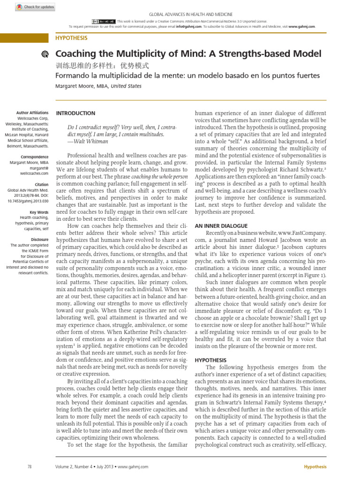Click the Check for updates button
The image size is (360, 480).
[35, 7]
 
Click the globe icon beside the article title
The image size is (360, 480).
[45, 54]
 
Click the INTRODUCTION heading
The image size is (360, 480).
[75, 113]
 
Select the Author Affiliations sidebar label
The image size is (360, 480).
[32, 113]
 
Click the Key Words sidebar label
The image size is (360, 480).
[38, 212]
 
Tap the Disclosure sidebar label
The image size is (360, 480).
[38, 239]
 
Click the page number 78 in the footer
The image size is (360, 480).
[30, 467]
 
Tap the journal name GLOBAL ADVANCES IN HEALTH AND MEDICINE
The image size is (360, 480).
[190, 15]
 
